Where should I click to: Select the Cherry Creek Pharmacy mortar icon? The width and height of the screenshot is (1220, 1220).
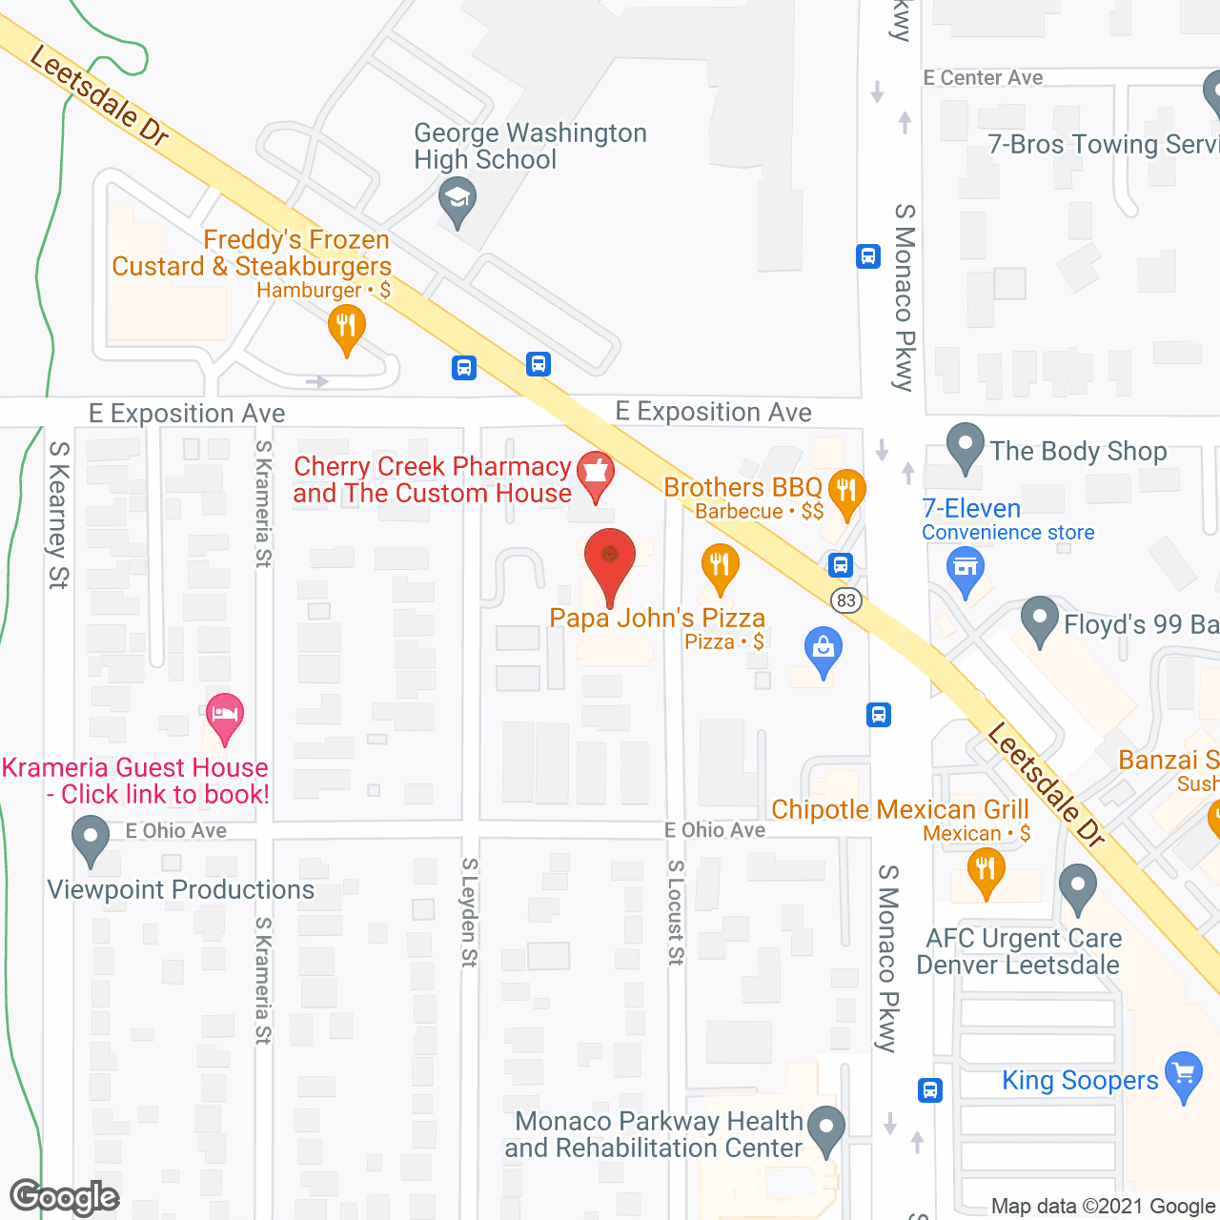596,472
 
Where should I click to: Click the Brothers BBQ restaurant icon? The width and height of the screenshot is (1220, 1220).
846,491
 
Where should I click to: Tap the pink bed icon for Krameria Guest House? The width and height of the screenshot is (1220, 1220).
225,714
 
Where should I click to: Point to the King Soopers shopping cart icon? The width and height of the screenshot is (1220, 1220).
1184,1073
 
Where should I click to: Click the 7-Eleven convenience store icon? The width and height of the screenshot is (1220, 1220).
966,570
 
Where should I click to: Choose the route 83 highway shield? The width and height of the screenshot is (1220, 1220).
845,600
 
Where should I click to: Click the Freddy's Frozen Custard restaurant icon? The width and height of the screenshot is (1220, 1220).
347,327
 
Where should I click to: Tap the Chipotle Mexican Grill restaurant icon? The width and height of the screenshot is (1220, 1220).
986,869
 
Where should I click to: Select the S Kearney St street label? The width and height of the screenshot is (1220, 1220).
58,515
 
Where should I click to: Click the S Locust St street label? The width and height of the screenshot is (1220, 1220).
676,912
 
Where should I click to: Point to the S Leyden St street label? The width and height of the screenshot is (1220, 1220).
469,912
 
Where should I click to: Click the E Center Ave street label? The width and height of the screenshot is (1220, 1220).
983,78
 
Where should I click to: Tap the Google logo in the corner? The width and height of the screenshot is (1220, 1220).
65,1197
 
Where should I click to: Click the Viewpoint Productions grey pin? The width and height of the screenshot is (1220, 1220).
91,842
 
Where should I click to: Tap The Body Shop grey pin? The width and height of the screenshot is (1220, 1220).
966,445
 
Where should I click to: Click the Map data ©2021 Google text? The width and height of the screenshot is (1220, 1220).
1104,1207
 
